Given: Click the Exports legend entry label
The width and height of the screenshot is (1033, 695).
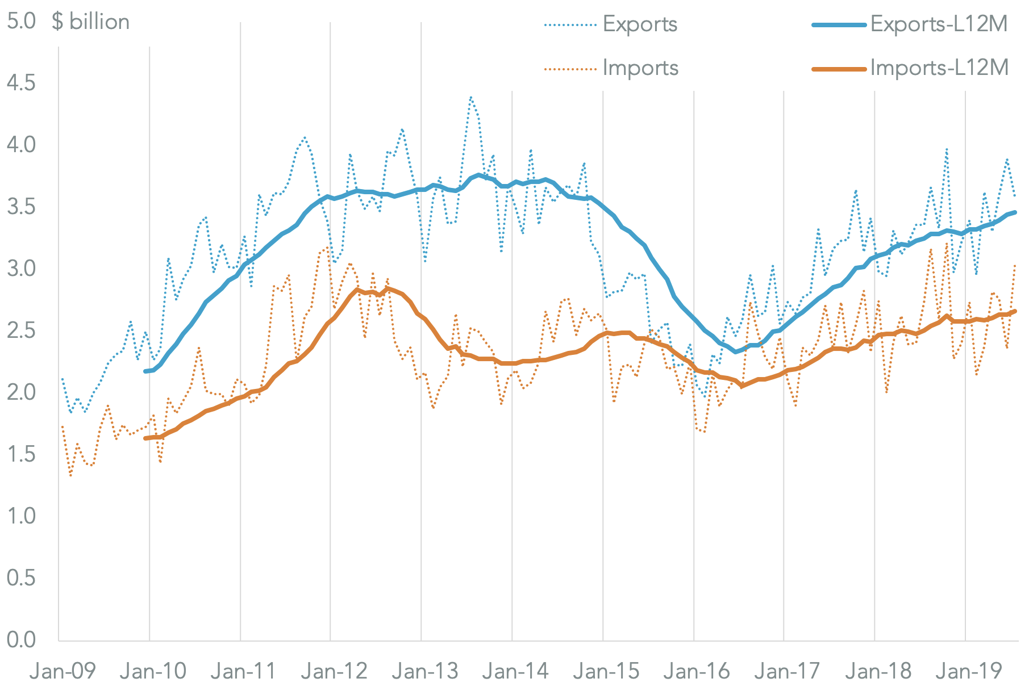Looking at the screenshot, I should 640,24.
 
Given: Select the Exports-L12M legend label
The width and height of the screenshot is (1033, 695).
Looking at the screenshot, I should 939,24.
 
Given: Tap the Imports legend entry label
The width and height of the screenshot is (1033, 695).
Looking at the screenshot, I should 640,68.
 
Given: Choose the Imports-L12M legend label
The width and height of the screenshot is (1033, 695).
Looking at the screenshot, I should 939,68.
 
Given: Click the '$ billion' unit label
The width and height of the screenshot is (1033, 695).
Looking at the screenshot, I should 91,22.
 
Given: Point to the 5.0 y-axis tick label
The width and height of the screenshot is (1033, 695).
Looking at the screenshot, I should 21,22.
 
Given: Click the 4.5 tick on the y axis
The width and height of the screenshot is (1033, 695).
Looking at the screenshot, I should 21,83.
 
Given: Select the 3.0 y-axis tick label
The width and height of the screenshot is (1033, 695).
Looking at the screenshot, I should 21,269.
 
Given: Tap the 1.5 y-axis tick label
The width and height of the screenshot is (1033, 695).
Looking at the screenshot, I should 21,454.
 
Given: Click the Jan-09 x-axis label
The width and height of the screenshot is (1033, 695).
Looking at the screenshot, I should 63,672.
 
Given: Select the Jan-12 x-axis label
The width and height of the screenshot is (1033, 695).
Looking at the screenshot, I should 334,672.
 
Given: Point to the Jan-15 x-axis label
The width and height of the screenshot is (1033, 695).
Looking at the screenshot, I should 606,672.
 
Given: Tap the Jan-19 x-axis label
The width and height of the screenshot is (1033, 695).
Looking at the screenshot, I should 969,672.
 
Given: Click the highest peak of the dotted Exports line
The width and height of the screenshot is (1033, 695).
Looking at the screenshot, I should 470,97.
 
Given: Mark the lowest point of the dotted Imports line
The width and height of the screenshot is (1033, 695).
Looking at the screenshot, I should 70,475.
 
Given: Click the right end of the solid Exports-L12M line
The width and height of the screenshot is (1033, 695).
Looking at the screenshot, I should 1015,212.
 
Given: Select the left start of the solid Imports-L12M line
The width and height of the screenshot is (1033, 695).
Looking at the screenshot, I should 145,438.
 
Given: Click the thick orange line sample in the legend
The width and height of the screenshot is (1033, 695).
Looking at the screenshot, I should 840,69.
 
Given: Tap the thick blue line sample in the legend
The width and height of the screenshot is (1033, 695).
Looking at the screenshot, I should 840,25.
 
